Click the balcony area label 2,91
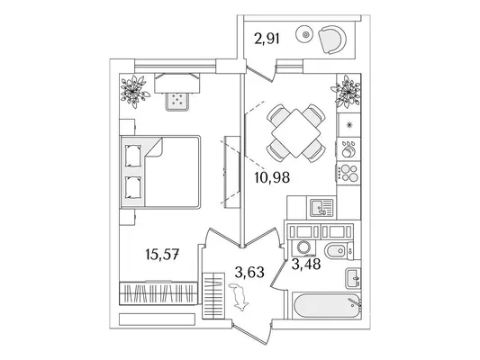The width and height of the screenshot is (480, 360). pyautogui.click(x=267, y=40)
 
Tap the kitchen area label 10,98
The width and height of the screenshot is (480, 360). pyautogui.click(x=272, y=177)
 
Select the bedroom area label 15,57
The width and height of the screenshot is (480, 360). pyautogui.click(x=162, y=254)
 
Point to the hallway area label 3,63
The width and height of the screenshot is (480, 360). pyautogui.click(x=249, y=272)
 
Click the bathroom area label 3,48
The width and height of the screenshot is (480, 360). pyautogui.click(x=306, y=264)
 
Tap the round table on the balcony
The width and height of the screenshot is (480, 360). pyautogui.click(x=305, y=34)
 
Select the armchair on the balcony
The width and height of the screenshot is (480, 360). pyautogui.click(x=332, y=40)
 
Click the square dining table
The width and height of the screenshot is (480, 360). pyautogui.click(x=296, y=133)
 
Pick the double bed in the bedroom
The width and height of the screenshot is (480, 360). pyautogui.click(x=160, y=172)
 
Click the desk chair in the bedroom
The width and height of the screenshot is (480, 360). pyautogui.click(x=177, y=101)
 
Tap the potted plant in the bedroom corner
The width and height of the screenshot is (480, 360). pyautogui.click(x=134, y=91)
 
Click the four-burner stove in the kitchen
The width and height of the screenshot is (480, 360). pyautogui.click(x=349, y=173)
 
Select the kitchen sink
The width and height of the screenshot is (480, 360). pyautogui.click(x=322, y=208)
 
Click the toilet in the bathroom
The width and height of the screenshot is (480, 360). pyautogui.click(x=339, y=251)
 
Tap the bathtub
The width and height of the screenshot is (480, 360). pyautogui.click(x=327, y=306)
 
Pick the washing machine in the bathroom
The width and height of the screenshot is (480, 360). pyautogui.click(x=303, y=247)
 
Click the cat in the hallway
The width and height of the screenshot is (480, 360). pyautogui.click(x=239, y=297)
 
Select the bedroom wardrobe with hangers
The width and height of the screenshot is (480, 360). pyautogui.click(x=158, y=293)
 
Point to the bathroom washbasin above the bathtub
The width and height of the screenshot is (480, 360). pyautogui.click(x=353, y=278)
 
